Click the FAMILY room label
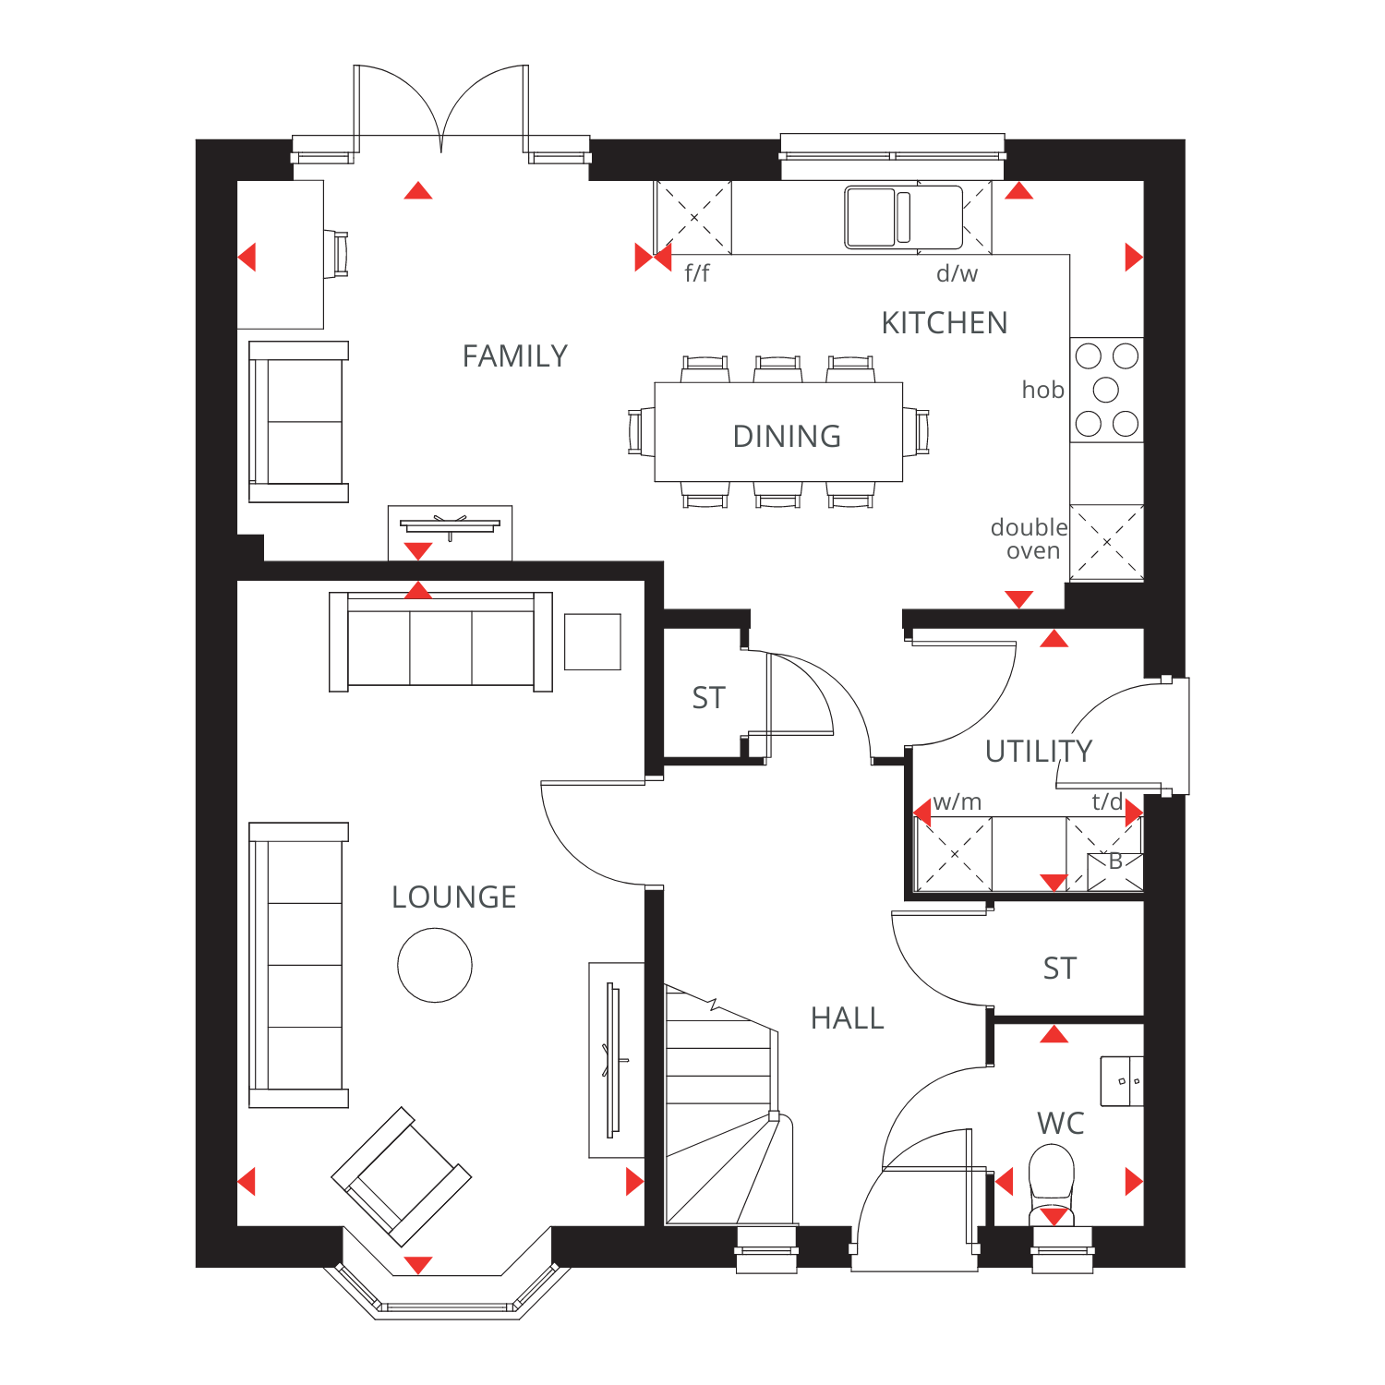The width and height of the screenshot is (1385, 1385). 515,355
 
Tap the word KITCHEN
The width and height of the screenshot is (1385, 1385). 945,323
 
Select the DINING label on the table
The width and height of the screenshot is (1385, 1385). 787,436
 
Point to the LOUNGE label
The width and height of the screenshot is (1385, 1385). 453,897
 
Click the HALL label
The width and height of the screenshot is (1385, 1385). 848,1018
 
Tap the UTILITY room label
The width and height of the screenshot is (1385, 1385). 1039,752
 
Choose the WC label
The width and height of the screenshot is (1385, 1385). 1061,1124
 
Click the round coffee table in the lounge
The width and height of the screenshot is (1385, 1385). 435,965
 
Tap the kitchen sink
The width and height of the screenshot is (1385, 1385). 904,218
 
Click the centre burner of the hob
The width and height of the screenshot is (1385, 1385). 1106,390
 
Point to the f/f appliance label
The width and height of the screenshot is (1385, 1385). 697,273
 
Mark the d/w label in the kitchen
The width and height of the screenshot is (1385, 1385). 957,273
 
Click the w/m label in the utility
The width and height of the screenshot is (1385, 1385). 957,801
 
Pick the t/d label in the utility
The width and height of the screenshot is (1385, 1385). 1107,801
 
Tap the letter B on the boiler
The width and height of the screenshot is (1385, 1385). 1115,861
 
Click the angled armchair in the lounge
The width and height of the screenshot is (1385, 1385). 402,1176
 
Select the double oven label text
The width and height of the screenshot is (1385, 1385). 1030,539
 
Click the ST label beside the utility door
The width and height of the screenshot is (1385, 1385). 1060,969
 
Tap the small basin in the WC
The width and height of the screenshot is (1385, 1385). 1122,1081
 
